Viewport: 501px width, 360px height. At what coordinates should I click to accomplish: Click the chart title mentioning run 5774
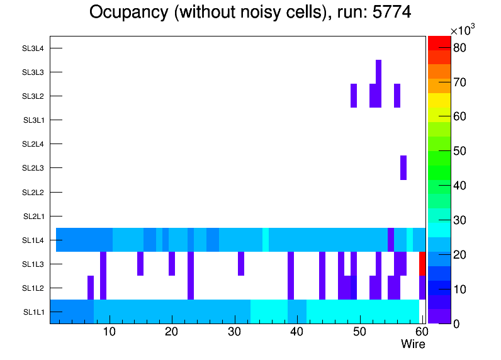(250, 13)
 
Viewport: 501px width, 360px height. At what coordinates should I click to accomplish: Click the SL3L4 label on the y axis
(33, 48)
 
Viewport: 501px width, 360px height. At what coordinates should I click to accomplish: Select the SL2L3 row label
(33, 168)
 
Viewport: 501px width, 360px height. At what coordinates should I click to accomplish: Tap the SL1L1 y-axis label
(34, 312)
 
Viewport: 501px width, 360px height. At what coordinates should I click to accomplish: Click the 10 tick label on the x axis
(110, 332)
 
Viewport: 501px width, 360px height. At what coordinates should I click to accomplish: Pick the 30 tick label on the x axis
(234, 332)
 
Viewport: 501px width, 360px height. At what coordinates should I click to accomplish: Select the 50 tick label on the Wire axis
(359, 332)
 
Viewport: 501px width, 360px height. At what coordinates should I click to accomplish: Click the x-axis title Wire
(413, 344)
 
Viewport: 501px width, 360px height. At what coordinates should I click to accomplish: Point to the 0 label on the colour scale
(459, 323)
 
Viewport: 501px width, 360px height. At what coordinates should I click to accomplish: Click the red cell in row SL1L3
(422, 264)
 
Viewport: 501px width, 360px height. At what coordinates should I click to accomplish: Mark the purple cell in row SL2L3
(403, 167)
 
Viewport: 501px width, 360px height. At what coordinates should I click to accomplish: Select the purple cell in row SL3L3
(379, 72)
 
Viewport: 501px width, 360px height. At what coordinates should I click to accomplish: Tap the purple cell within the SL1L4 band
(391, 240)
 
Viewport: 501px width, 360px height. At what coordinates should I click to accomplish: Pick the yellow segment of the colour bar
(439, 100)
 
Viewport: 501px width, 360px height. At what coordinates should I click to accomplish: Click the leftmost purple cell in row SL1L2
(91, 288)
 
